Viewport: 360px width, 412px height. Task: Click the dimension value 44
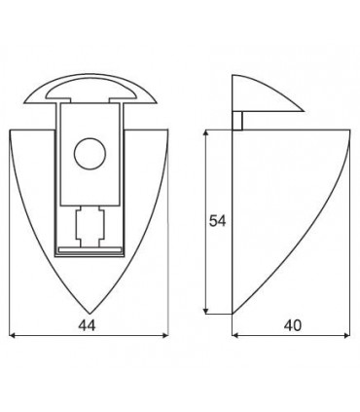coord(87,325)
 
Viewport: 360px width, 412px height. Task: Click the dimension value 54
coord(217,221)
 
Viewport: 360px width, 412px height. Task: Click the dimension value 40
coord(293,325)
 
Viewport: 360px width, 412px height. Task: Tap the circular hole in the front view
coord(90,154)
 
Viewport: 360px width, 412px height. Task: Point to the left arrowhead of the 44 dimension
coord(13,335)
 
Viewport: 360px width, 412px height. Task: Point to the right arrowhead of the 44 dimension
coord(165,335)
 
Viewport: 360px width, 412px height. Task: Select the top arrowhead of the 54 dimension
coord(206,133)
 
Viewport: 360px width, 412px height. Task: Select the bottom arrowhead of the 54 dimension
coord(206,311)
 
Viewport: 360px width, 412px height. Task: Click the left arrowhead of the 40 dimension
coord(235,335)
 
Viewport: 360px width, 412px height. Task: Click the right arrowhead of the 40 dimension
coord(347,335)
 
